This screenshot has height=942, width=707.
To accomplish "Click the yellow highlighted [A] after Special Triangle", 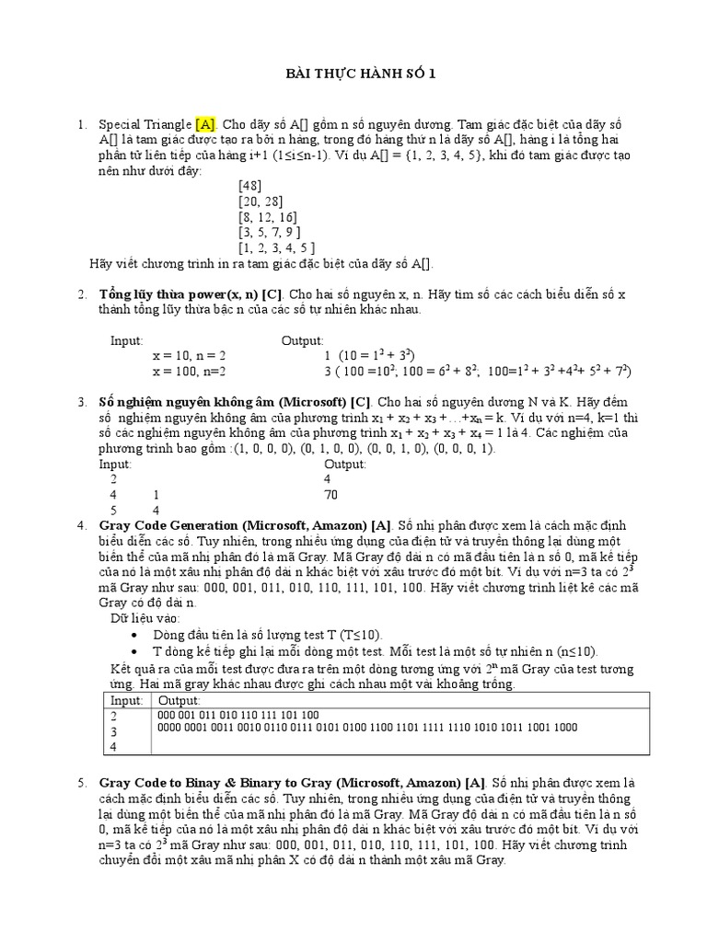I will (204, 124).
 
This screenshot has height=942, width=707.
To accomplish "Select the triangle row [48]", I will (249, 185).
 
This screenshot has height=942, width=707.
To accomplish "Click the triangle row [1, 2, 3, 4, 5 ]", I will (277, 247).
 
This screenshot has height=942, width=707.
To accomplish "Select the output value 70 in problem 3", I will (332, 494).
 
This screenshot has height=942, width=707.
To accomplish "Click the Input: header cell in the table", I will (126, 701).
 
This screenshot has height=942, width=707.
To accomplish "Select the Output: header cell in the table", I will (180, 701).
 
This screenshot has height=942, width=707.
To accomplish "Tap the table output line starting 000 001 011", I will (238, 714).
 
